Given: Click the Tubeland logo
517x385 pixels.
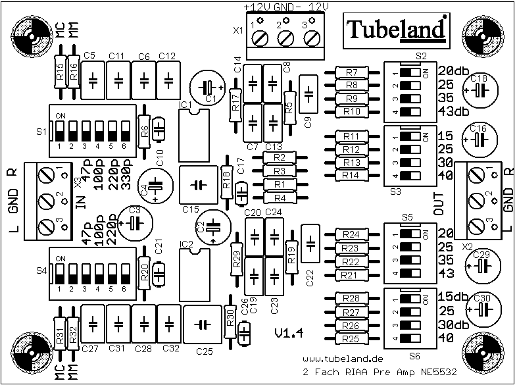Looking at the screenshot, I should pos(396,30).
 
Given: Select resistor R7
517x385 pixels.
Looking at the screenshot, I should pos(351,72).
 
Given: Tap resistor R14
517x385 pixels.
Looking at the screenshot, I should pos(351,175).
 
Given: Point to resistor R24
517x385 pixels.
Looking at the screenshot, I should pos(351,234).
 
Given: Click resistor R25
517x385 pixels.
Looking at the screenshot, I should pos(351,339).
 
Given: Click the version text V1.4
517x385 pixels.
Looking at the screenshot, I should pos(288,333).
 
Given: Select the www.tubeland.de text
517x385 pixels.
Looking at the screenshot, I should pos(343,359).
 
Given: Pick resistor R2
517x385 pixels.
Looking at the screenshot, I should pos(280,158).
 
